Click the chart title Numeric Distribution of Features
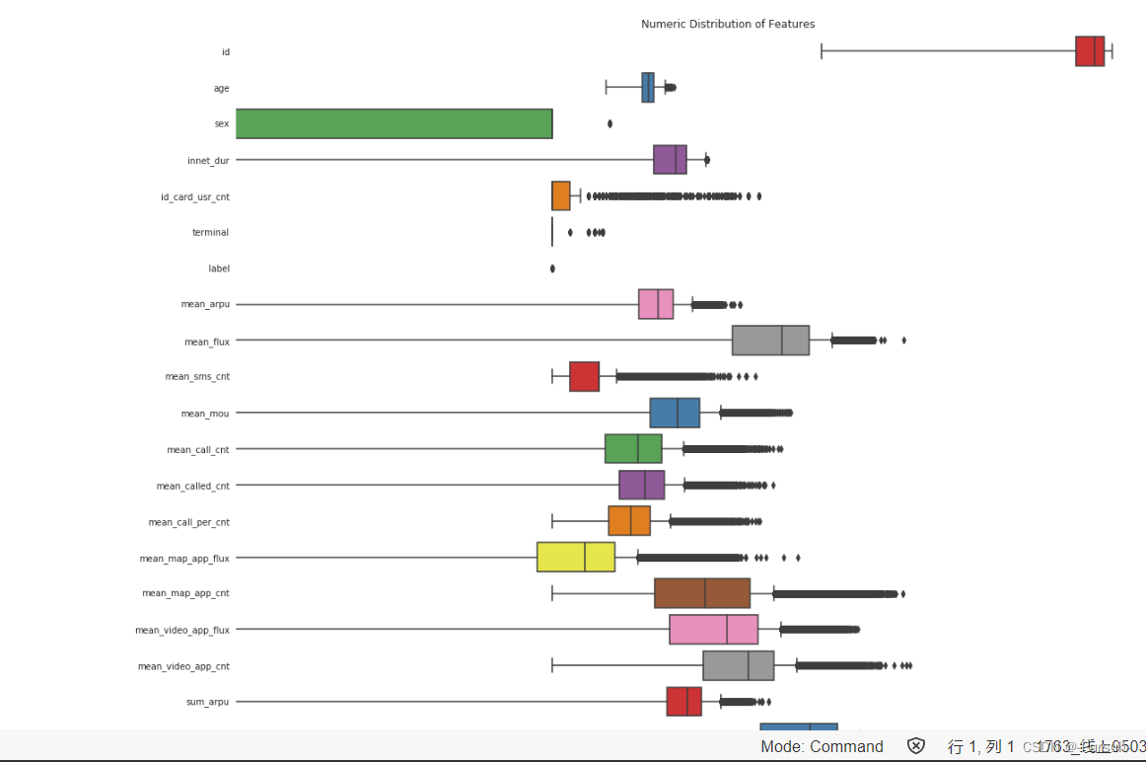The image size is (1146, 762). (728, 24)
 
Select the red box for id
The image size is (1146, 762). (1090, 51)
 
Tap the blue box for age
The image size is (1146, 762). (647, 88)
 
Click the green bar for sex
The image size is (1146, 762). (394, 123)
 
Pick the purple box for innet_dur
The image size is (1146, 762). (670, 159)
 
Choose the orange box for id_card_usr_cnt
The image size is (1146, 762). (561, 195)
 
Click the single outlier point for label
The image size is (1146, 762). (552, 268)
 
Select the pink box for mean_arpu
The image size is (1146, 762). (656, 304)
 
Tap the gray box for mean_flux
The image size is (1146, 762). (770, 341)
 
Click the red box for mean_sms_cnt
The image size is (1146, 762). (584, 376)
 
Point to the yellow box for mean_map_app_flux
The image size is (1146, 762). (576, 558)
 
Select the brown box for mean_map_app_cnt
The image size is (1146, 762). (702, 593)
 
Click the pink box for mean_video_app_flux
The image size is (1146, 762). (713, 630)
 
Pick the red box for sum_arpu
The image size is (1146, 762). (683, 702)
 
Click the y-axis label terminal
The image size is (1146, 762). (210, 232)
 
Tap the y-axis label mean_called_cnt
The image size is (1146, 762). (192, 486)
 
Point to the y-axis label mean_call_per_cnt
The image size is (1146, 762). (188, 522)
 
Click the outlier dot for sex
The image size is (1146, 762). (609, 123)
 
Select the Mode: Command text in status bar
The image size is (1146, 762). (822, 746)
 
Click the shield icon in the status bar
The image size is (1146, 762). (916, 746)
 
